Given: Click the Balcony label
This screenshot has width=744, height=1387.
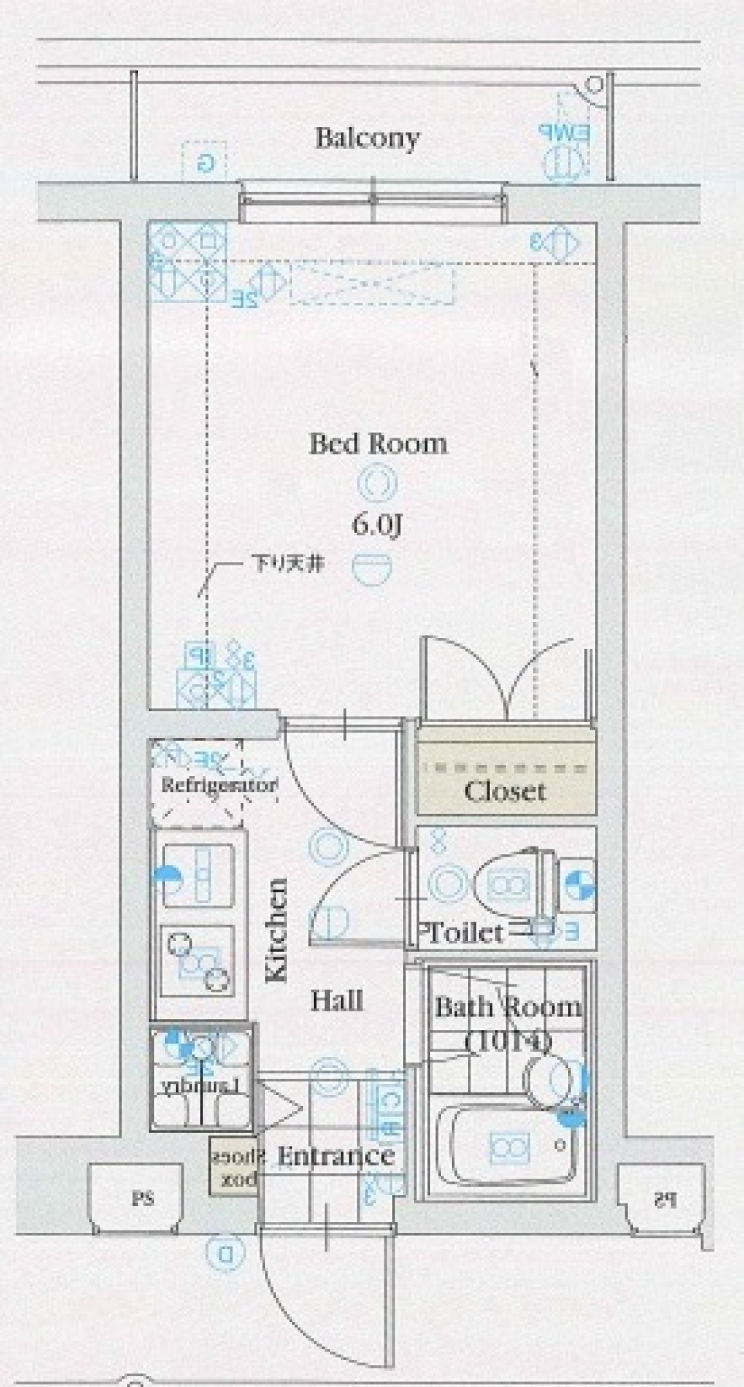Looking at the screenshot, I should click(x=367, y=139).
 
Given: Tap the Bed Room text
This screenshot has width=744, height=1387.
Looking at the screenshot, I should click(x=378, y=445).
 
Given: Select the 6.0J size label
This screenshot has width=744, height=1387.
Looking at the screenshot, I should click(x=377, y=526).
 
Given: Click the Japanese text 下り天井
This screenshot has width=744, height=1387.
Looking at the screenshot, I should click(x=287, y=563).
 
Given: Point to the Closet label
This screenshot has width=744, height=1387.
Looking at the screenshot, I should click(x=505, y=791).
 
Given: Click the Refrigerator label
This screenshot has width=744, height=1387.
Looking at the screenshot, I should click(x=219, y=785).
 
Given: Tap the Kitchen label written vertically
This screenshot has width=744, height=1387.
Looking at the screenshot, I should click(x=277, y=929).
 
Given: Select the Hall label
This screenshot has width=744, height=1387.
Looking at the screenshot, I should click(x=337, y=1001).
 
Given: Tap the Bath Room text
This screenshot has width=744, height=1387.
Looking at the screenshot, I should click(x=508, y=1007).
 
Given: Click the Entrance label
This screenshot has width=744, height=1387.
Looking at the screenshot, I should click(x=336, y=1156).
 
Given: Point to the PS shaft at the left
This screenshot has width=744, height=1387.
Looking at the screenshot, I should click(x=142, y=1199).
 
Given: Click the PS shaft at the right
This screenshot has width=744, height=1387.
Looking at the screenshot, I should click(x=663, y=1199).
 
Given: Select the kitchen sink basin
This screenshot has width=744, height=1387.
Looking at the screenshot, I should click(x=198, y=875).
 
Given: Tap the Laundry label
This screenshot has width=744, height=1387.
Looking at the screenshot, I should click(x=203, y=1086).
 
